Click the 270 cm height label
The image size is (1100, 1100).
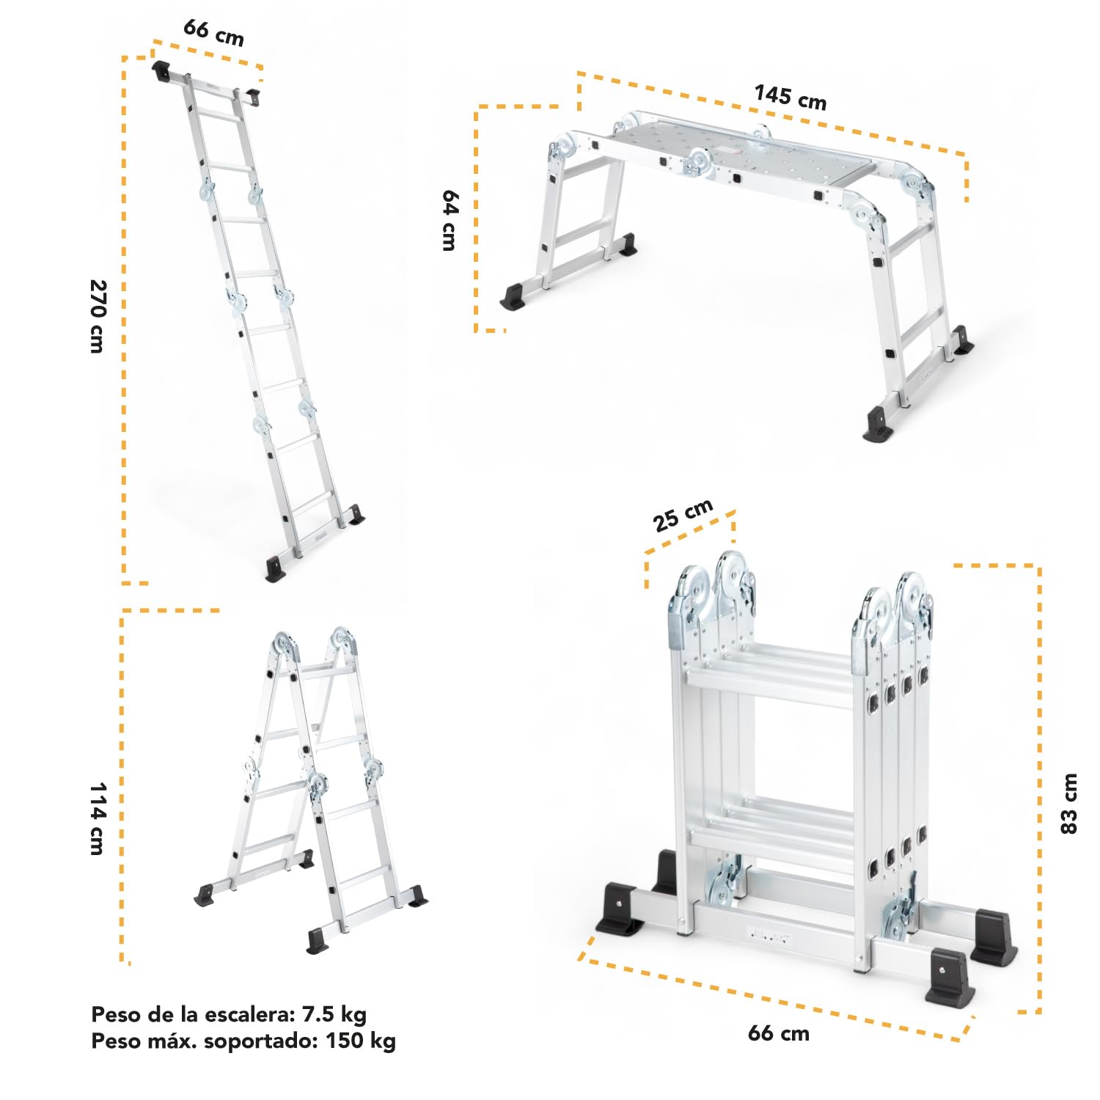tap(98, 316)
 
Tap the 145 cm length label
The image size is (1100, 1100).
tap(791, 97)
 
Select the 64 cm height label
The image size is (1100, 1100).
tap(450, 220)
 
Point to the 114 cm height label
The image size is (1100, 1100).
tap(98, 818)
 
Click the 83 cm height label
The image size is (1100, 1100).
tap(1069, 803)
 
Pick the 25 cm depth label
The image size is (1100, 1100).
tap(683, 515)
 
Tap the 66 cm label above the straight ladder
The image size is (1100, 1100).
tap(213, 32)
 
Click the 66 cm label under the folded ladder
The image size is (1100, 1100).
tap(779, 1033)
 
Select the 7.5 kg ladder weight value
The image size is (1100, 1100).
tap(334, 1015)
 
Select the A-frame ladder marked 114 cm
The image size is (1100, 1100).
tap(311, 790)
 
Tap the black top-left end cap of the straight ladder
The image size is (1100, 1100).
tap(161, 72)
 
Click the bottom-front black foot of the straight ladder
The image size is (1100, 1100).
tap(276, 569)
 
